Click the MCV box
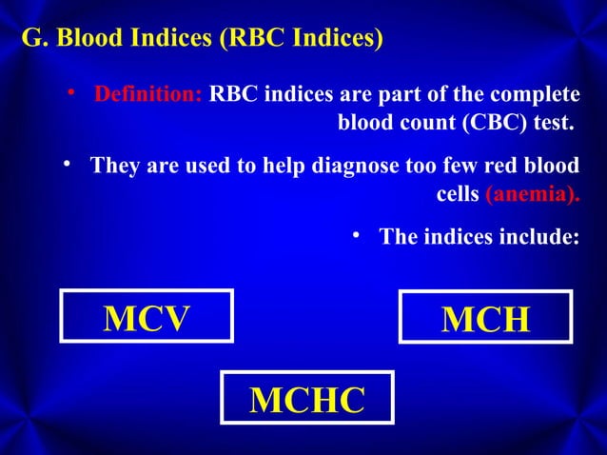coord(147,317)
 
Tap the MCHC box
coord(306,400)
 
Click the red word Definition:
coord(147,96)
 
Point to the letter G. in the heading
coord(32,40)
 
